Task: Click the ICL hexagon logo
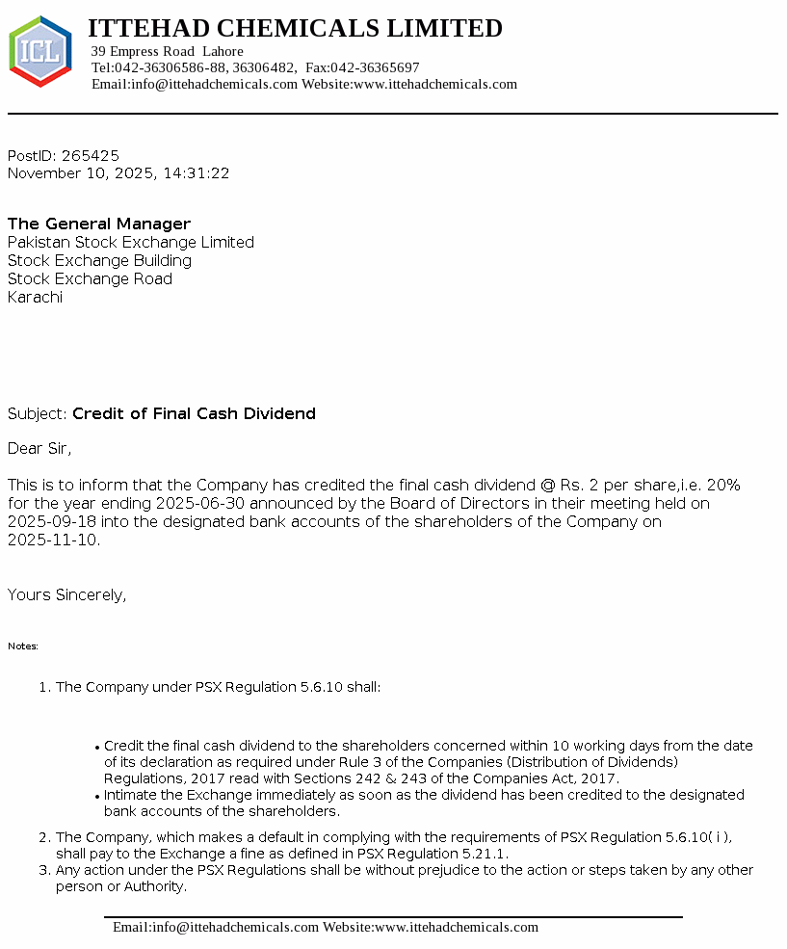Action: coord(39,51)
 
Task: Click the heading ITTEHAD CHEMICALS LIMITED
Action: coord(295,29)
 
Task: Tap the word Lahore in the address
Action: coord(223,51)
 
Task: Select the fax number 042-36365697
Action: coord(376,67)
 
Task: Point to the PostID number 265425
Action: coord(91,155)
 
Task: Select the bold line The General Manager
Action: coord(99,224)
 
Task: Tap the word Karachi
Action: coord(35,297)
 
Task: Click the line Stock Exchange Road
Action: coord(90,278)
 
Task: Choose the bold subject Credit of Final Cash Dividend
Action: coord(194,413)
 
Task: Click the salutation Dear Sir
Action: coord(39,448)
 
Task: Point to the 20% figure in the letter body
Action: coord(722,485)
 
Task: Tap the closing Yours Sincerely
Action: coord(66,594)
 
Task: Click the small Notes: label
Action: coord(23,646)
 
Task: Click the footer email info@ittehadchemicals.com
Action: coord(215,927)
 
